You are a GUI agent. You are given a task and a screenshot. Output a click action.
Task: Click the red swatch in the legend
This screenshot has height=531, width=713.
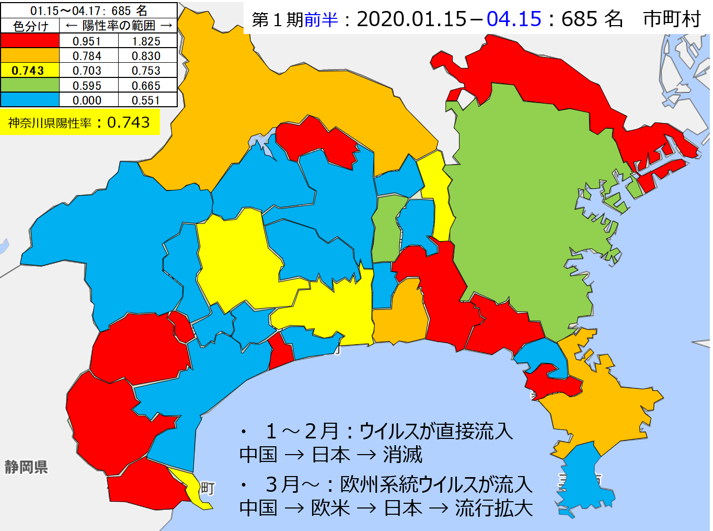pos(30,41)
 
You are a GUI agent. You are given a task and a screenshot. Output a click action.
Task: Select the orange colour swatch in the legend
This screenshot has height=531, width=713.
pos(30,55)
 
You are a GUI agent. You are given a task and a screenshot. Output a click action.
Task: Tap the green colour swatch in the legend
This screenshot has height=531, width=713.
pos(30,85)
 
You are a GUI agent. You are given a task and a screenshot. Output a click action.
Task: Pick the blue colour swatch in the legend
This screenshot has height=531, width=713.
pos(30,100)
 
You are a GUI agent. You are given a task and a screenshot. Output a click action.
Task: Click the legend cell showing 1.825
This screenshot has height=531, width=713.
pos(146,41)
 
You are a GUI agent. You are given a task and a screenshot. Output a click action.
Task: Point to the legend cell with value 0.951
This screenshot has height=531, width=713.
pos(87,41)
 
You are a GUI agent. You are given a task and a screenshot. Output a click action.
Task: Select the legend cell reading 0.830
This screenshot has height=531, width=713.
pos(146,56)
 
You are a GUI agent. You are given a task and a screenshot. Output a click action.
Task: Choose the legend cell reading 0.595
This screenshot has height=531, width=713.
pos(87,86)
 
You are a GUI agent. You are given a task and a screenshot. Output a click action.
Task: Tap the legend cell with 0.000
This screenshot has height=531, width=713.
pos(87,100)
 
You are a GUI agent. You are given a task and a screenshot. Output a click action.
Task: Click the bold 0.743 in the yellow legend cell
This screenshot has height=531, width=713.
pos(28,71)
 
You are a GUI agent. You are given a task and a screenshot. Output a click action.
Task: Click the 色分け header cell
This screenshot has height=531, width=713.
pos(30,26)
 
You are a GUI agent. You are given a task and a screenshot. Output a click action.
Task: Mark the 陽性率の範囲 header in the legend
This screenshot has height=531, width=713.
pos(119,26)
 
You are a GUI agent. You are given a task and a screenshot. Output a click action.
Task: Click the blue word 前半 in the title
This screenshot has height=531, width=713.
pos(321,20)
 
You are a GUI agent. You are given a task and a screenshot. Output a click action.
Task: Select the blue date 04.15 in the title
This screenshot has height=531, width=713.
pos(514,19)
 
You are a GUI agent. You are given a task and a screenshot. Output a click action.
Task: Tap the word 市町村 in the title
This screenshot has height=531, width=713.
pos(672,19)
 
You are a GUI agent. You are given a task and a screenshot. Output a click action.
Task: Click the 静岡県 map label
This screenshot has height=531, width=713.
pos(26,467)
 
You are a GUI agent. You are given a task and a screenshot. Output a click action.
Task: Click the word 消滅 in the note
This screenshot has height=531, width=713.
pos(402,455)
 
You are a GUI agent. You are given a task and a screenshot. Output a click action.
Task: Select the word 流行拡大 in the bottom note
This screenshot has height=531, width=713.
pos(493,508)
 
